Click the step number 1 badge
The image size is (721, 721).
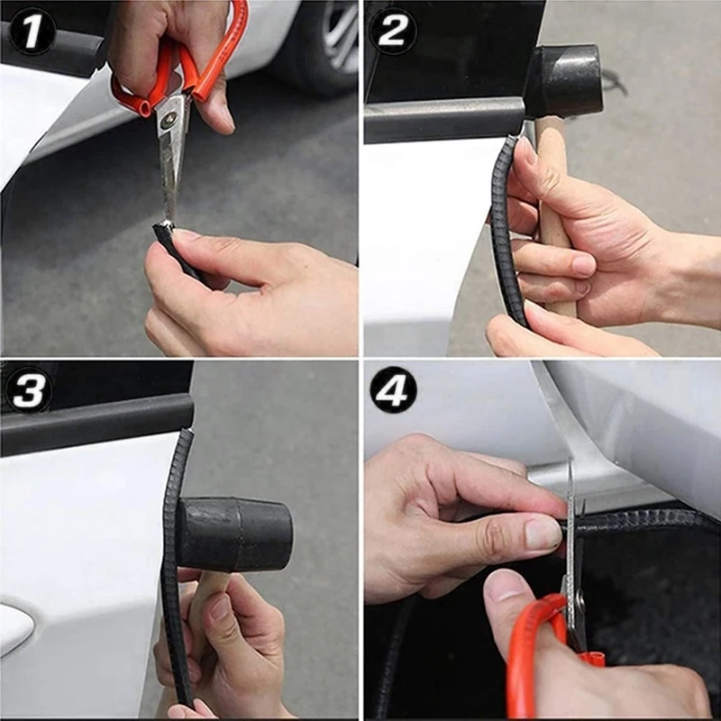point(32,32)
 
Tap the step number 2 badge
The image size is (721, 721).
point(394,32)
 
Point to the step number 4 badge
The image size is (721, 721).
point(394,390)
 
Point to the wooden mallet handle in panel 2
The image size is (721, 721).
point(554,216)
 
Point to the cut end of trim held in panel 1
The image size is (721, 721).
point(164,229)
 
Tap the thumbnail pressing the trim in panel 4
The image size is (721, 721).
point(543,534)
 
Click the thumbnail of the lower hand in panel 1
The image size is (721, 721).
point(187,236)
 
